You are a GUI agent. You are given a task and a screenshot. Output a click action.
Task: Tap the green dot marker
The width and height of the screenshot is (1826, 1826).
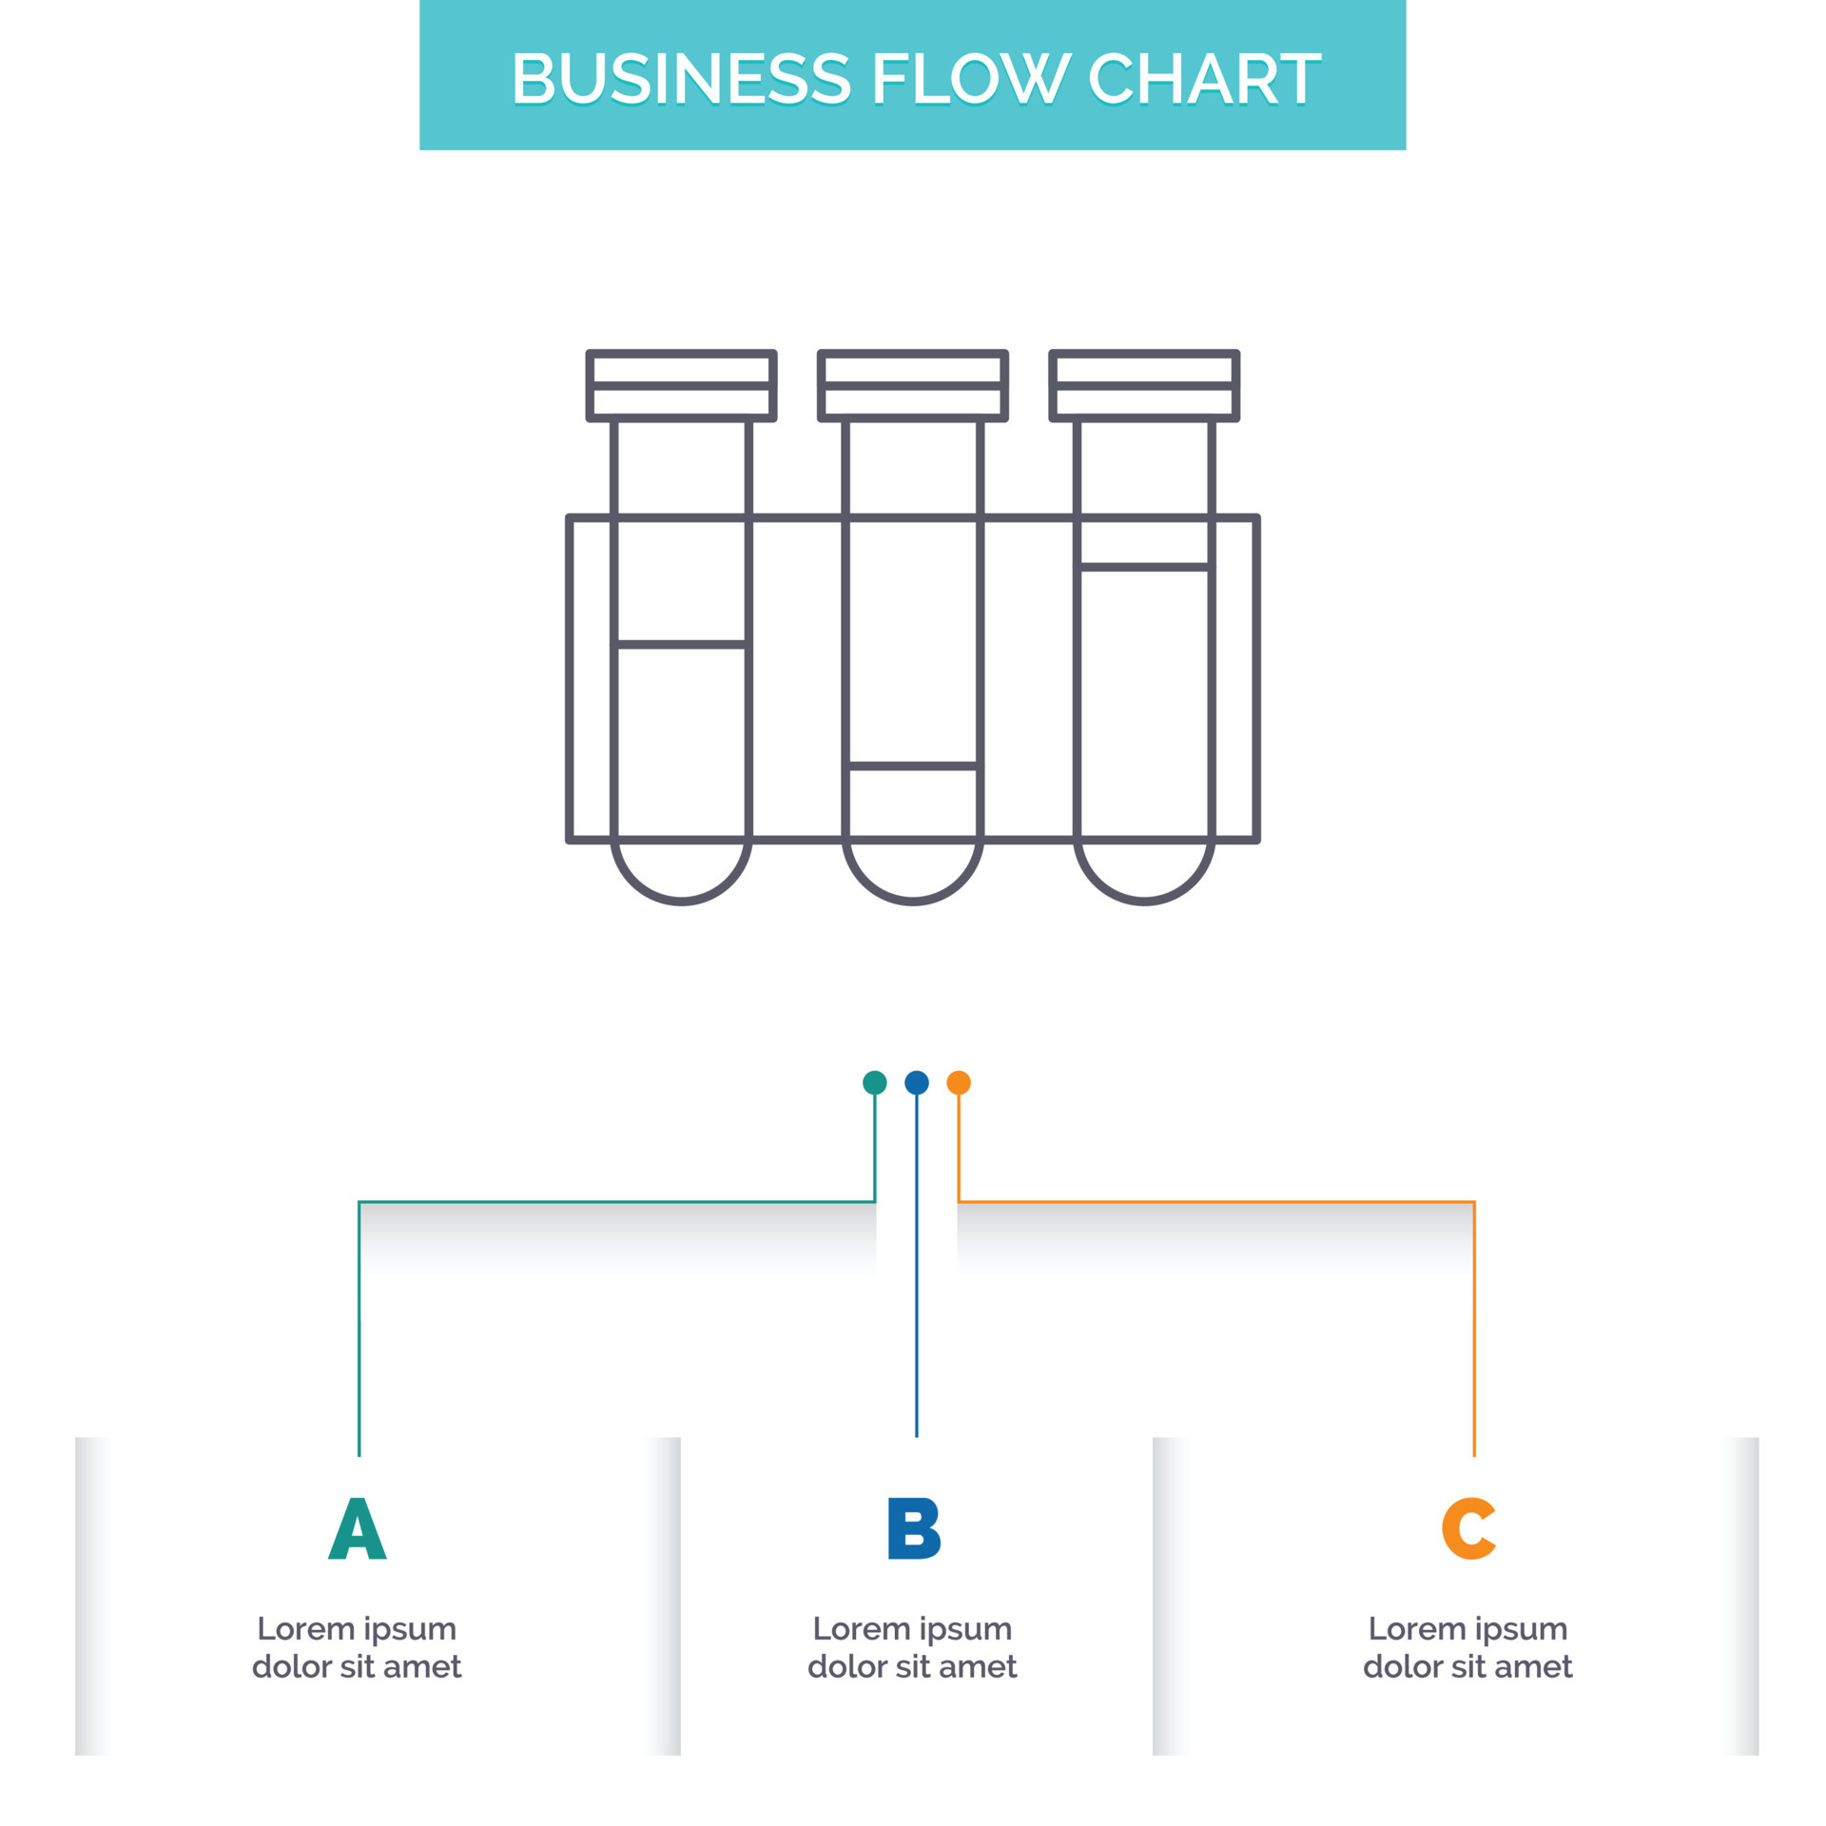[x=874, y=1082]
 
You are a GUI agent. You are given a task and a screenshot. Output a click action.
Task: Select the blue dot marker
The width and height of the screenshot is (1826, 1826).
[x=916, y=1082]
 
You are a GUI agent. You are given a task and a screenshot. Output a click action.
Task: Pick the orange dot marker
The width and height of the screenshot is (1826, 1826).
[x=959, y=1082]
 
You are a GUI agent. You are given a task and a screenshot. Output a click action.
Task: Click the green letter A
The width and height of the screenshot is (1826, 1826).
[x=357, y=1528]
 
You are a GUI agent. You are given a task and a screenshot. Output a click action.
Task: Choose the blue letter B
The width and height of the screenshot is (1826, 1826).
[x=913, y=1528]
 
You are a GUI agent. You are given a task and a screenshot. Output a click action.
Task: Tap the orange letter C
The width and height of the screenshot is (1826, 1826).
[x=1468, y=1528]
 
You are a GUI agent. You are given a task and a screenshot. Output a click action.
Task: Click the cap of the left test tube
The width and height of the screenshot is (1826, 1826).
[x=681, y=385]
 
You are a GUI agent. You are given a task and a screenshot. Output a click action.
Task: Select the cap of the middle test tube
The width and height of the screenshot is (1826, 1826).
[x=913, y=385]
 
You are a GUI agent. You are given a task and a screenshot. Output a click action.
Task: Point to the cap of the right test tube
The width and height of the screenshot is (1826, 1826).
[x=1144, y=385]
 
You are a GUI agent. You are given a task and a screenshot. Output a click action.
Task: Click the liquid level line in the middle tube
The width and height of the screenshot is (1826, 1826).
[x=913, y=765]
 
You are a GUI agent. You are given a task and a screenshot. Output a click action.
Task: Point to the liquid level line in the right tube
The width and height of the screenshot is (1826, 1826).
[x=1144, y=568]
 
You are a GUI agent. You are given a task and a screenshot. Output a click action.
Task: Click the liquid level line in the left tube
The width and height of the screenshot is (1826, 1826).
[x=681, y=645]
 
